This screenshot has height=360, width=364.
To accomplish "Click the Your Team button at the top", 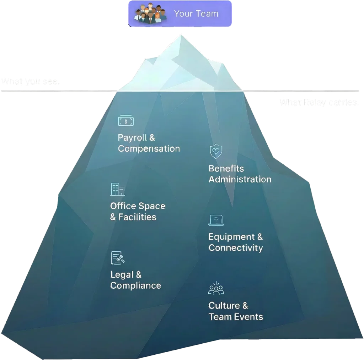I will (180, 14).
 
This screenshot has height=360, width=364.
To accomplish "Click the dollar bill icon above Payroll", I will (126, 121).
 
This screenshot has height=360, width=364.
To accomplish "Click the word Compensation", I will (149, 149).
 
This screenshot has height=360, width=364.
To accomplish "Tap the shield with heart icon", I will (215, 152).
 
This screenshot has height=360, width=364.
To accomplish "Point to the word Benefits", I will (226, 168).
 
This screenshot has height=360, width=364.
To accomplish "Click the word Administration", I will (240, 179).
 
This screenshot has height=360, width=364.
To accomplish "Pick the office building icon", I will (117, 190).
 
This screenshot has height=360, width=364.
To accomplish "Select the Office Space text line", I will (138, 206).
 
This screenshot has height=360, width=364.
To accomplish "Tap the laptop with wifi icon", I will (215, 220).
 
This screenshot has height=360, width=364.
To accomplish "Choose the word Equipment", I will (232, 237).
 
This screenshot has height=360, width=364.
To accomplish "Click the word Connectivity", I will (236, 248).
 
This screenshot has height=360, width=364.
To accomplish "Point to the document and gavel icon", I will (118, 258).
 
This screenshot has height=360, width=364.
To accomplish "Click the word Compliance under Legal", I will (135, 286).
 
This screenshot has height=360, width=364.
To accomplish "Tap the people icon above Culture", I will (216, 289).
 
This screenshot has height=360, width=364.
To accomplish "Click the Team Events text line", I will (236, 317).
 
